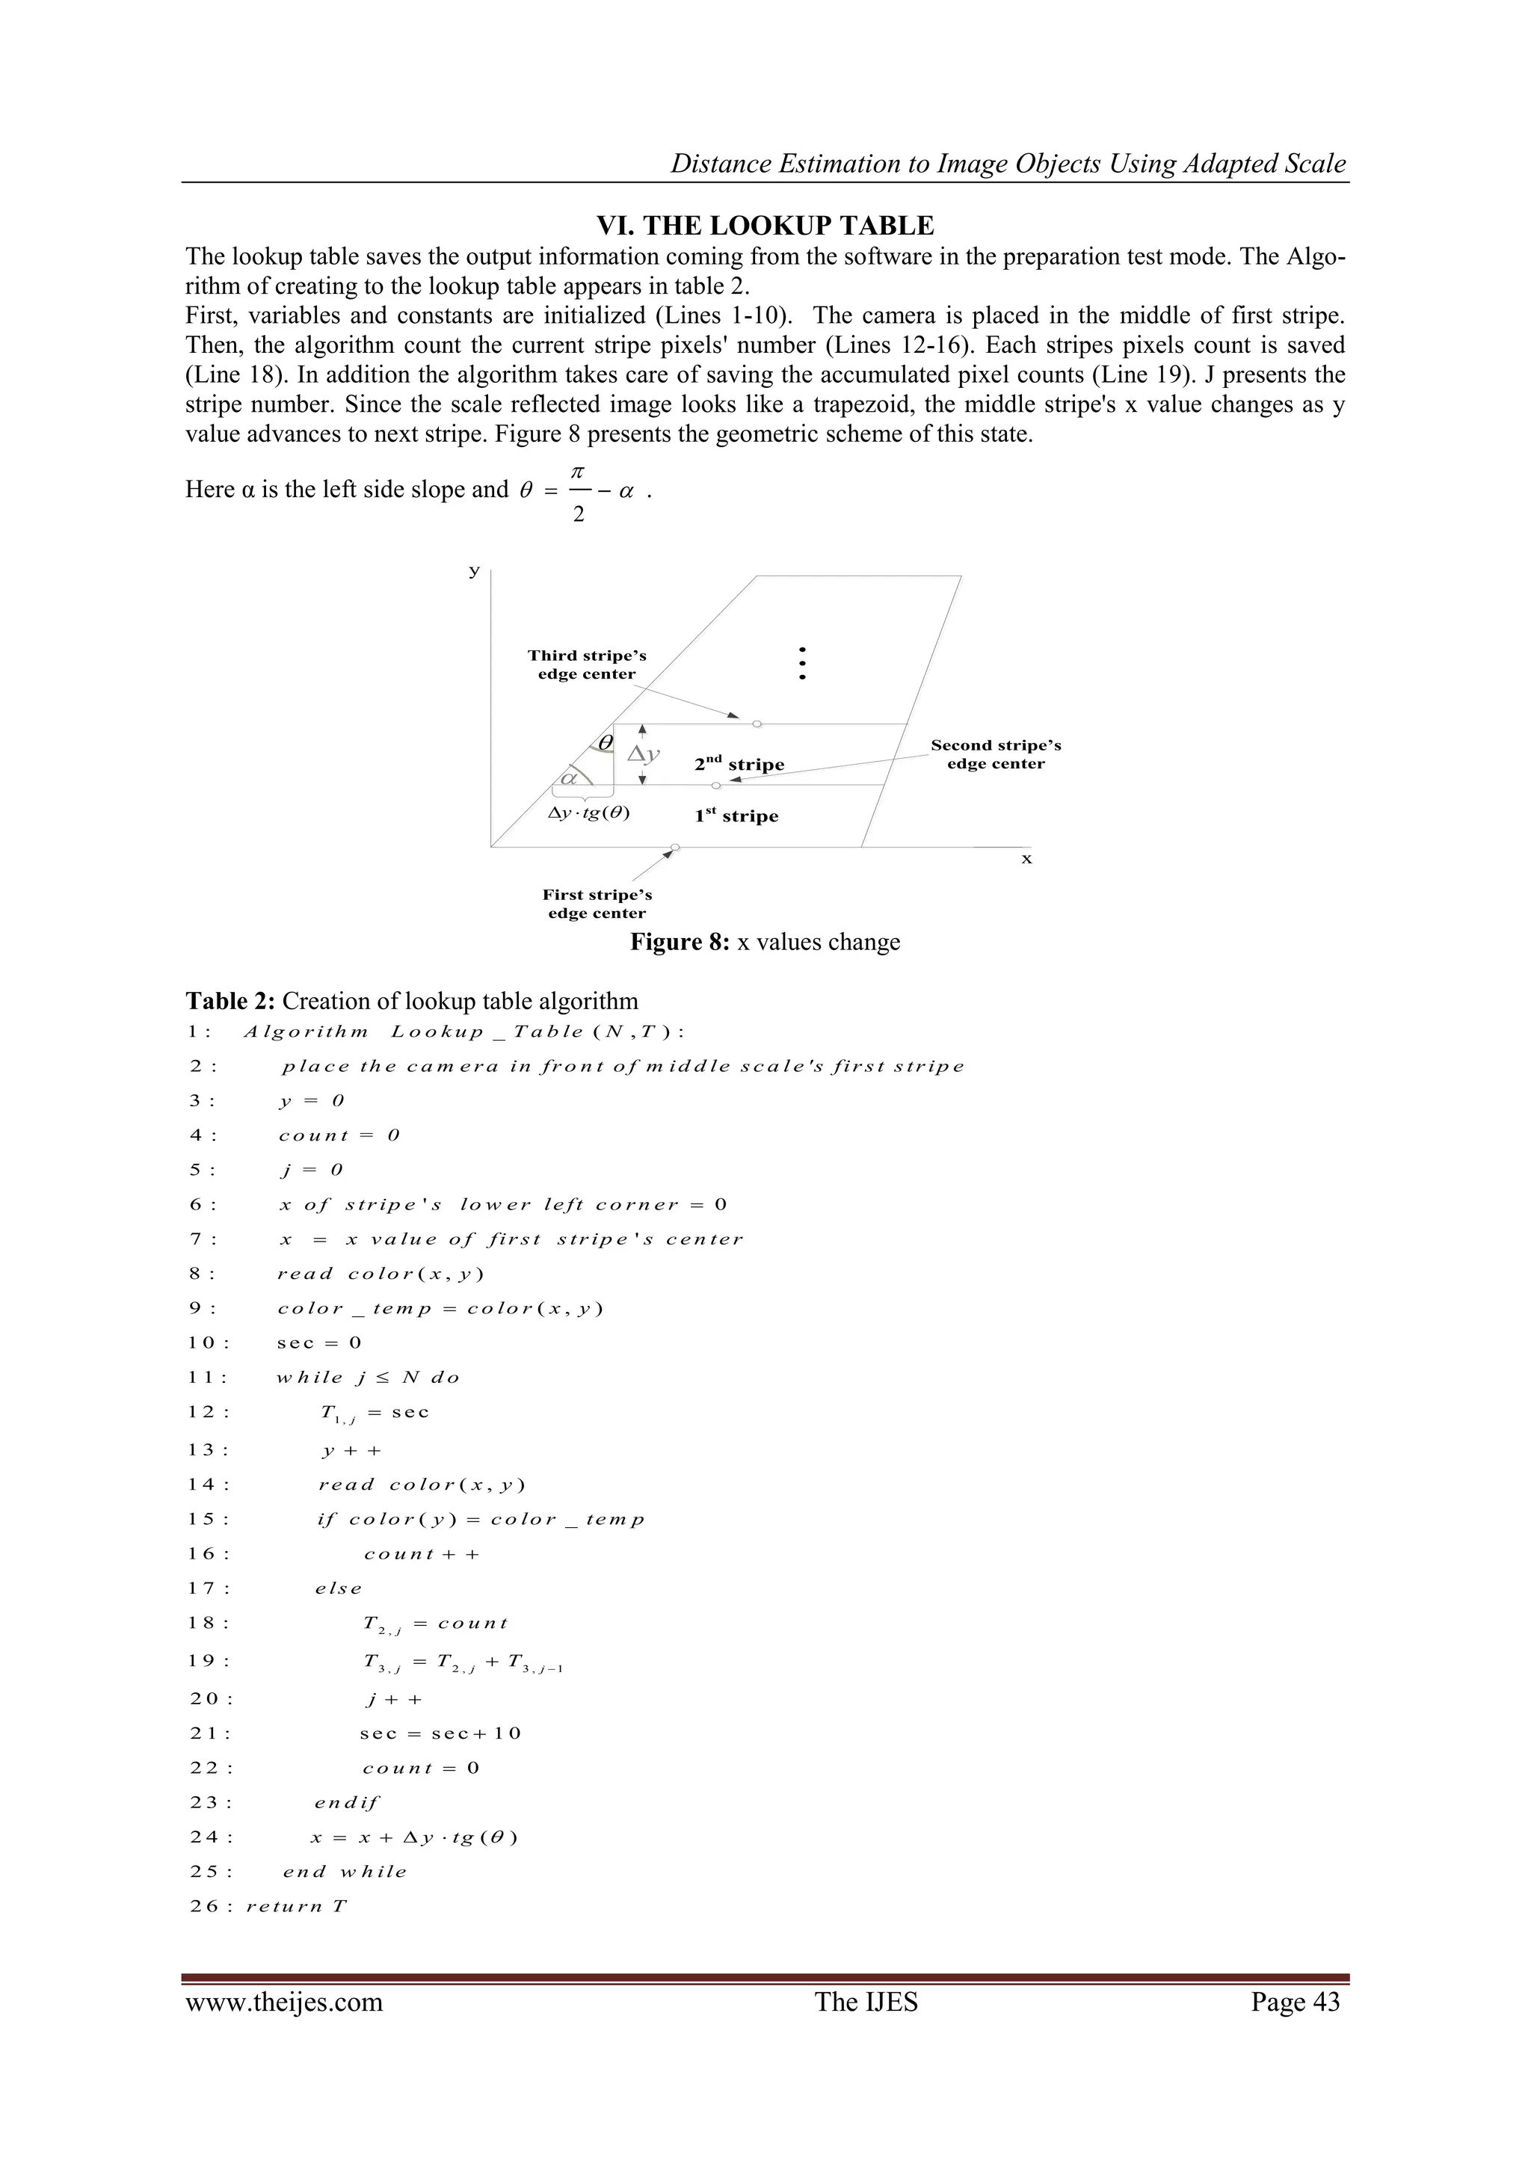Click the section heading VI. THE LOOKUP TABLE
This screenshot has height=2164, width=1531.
point(765,226)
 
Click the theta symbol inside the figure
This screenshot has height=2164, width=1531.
point(606,744)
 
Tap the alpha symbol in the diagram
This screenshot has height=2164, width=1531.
point(568,778)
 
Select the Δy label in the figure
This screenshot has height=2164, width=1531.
point(644,754)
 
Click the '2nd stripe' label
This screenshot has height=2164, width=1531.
point(739,765)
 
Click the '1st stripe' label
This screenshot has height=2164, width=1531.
point(736,816)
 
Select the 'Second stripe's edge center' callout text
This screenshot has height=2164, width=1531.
point(996,754)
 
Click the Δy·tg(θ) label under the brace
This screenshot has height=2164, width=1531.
point(589,813)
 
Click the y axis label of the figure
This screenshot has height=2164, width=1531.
point(474,571)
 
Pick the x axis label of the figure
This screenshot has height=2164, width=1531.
point(1026,860)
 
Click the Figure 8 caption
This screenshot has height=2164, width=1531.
point(765,943)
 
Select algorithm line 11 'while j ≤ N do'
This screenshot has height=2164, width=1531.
point(368,1378)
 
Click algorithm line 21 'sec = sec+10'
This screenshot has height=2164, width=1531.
point(440,1733)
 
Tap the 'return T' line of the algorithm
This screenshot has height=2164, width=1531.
point(297,1907)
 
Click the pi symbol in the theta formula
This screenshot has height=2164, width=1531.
point(578,469)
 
